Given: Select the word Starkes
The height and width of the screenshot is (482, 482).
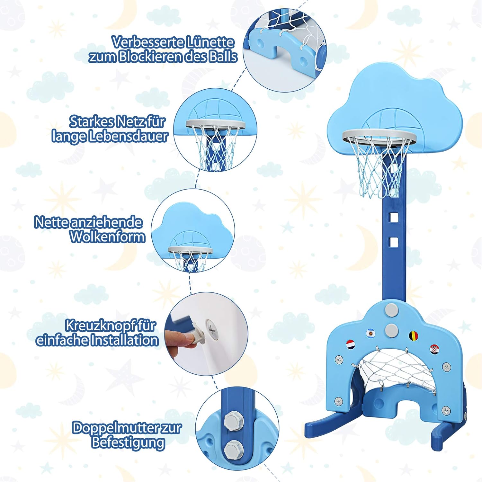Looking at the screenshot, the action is [92, 122].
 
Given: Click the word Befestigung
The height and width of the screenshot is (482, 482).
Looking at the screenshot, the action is [128, 442].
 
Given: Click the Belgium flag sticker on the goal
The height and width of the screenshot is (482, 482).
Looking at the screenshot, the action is [414, 336].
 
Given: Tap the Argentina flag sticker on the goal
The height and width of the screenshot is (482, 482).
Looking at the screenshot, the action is [371, 333].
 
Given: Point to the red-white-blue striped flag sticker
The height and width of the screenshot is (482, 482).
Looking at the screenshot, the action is [351, 345].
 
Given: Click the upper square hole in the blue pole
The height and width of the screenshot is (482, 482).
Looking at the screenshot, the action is [394, 218].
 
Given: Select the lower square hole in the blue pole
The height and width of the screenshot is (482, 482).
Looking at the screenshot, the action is [394, 242].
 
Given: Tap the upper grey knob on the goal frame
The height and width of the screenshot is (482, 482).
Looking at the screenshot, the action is [391, 309].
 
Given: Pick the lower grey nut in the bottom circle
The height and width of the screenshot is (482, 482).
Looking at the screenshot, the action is [231, 450].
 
